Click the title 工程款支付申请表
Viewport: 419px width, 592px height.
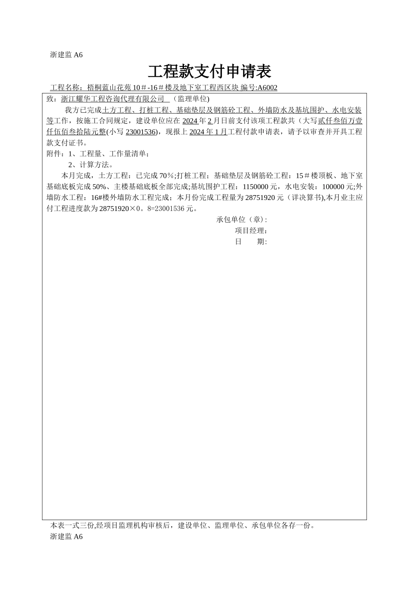click(209, 71)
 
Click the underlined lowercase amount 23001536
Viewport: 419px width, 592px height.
click(140, 132)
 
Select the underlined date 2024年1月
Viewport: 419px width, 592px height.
click(208, 132)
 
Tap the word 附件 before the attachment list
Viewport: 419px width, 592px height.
click(54, 154)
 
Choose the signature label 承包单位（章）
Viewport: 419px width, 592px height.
click(241, 220)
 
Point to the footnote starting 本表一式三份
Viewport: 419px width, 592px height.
click(182, 525)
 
